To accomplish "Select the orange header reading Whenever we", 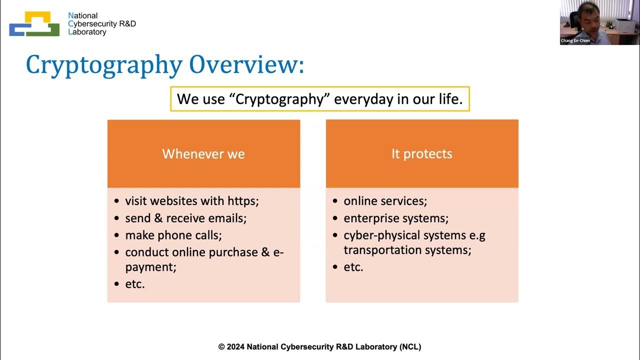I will point(203,154).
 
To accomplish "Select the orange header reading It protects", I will point(421,154).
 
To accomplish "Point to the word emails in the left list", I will point(228,218).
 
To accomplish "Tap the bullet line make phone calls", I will point(173,235).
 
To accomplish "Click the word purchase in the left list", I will point(232,252).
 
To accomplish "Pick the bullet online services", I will point(385,201).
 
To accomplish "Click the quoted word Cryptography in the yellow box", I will point(282,99).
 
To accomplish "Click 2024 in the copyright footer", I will point(235,346).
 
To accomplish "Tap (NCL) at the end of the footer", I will point(410,346).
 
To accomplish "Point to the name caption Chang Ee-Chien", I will point(575,40).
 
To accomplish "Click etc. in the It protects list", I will point(353,267).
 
